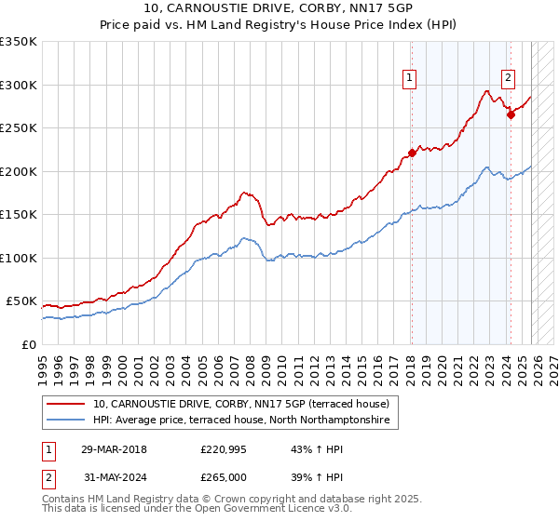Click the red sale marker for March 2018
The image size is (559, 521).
point(412,154)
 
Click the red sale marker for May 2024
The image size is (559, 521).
point(511,115)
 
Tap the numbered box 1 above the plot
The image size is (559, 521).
point(410,79)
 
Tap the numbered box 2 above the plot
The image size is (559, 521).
point(509,79)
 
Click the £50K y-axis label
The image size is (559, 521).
point(21,301)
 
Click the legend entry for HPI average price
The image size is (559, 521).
point(244,421)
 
